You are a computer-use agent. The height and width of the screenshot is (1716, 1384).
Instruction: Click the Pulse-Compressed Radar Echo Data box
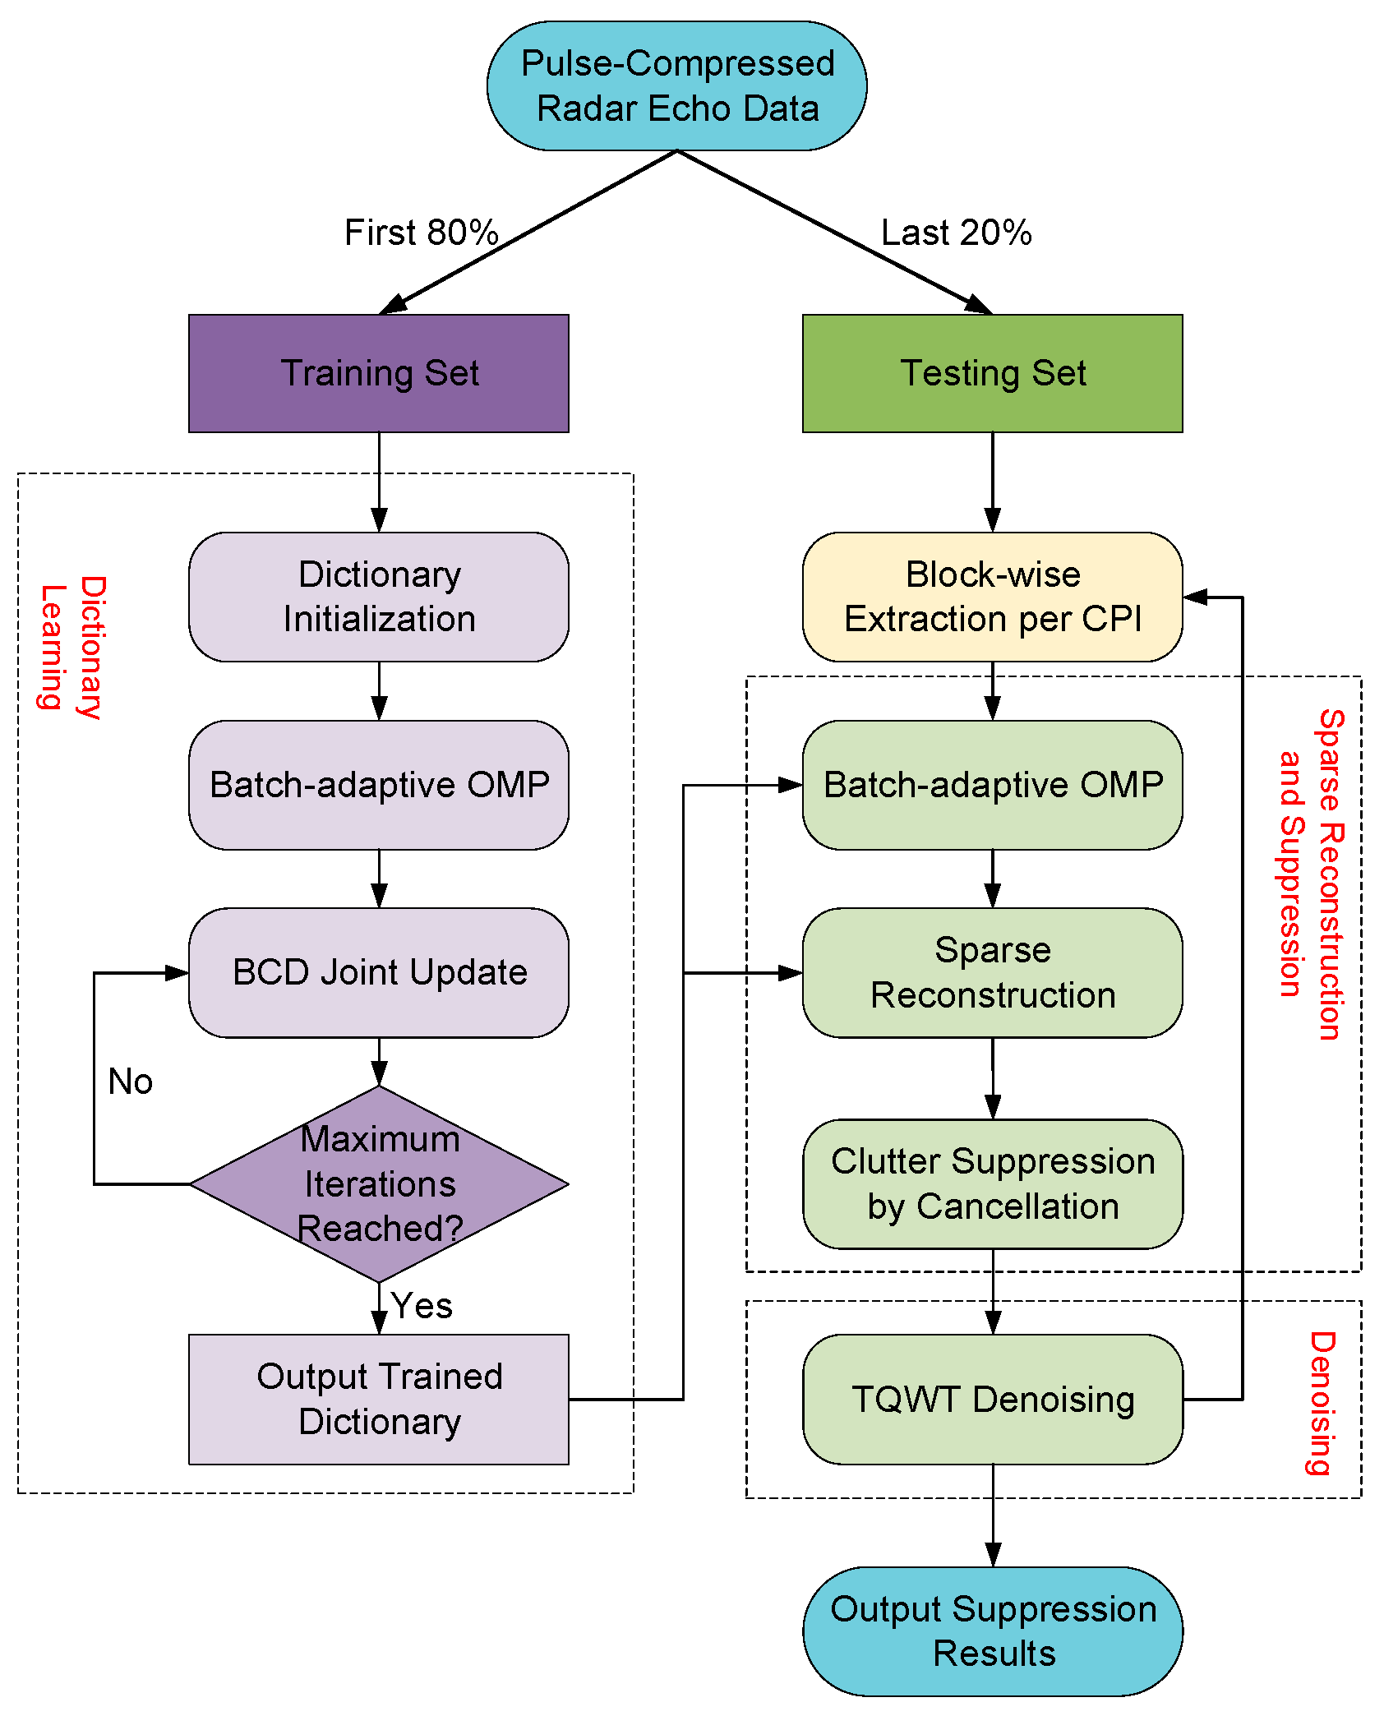(x=676, y=86)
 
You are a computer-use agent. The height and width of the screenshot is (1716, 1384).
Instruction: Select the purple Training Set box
(x=379, y=373)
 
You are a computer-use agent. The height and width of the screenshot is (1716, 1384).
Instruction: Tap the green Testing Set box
(x=993, y=373)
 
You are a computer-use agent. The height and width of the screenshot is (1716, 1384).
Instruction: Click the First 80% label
(x=422, y=233)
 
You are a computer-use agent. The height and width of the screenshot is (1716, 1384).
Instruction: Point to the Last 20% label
(x=957, y=233)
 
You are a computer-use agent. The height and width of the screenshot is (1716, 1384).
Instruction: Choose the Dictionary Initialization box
(x=379, y=597)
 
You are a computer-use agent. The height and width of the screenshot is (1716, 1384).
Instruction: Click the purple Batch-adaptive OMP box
(x=379, y=785)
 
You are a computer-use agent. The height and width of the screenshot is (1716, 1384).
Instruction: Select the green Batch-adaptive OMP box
(x=993, y=785)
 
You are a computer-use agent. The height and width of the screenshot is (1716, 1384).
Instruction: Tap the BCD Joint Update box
(x=379, y=972)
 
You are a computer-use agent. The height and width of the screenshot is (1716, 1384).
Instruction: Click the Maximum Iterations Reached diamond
(x=379, y=1184)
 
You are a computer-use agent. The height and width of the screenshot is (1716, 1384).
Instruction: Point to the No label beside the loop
(x=131, y=1082)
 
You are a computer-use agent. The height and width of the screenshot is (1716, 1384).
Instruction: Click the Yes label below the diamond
(x=422, y=1306)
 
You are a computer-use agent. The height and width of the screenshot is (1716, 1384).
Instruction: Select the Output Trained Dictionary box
(x=379, y=1400)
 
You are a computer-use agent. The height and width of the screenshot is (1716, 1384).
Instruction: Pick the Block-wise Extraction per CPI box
(x=993, y=597)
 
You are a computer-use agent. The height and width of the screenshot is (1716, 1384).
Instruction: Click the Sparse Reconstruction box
(x=993, y=972)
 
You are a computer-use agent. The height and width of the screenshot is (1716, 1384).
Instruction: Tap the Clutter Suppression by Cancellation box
(x=993, y=1184)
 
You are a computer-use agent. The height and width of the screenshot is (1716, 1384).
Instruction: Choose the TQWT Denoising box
(x=993, y=1400)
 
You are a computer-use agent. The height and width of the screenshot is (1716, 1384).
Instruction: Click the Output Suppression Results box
(x=993, y=1631)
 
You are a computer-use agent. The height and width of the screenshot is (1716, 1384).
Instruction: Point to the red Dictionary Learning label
(x=72, y=647)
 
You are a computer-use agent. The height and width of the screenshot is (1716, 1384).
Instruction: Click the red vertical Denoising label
(x=1322, y=1404)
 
